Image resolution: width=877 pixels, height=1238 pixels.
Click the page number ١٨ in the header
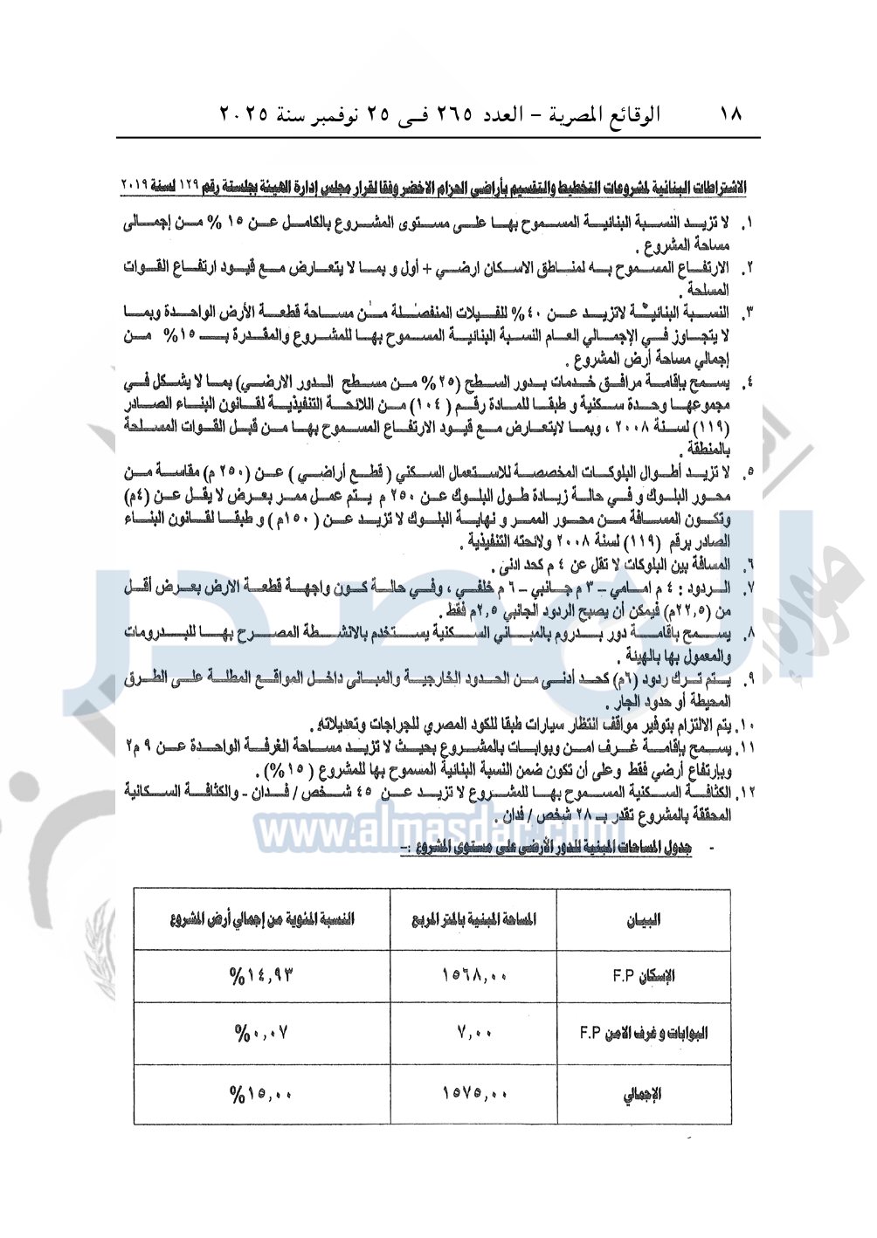[x=730, y=113]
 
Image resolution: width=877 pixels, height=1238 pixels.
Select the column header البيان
[x=644, y=919]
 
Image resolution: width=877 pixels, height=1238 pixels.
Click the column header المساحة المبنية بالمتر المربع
[x=474, y=919]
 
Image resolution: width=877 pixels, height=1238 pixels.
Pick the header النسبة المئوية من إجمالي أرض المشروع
[x=263, y=919]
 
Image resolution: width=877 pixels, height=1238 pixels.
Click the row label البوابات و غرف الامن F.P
[x=644, y=1033]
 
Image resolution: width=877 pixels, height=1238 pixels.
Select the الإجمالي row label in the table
[x=644, y=1094]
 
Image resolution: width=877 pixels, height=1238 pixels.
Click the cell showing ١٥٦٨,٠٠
[x=474, y=976]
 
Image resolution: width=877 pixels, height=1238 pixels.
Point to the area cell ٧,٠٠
[x=474, y=1033]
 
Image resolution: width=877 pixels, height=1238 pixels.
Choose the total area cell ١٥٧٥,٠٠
[x=474, y=1093]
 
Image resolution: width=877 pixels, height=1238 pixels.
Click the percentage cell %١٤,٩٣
[x=262, y=976]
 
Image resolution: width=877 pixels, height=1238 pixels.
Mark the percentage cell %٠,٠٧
[x=261, y=1034]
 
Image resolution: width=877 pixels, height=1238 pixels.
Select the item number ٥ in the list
[x=749, y=473]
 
